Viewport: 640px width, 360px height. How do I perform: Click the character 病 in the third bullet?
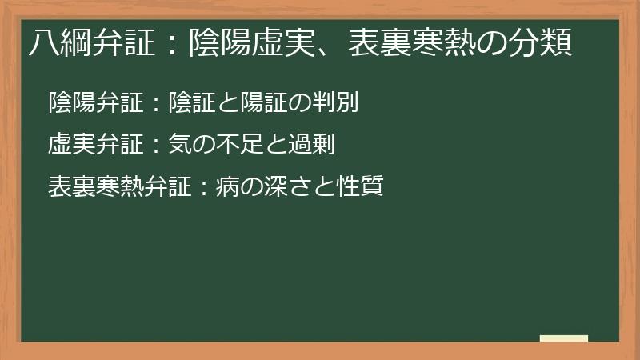point(226,187)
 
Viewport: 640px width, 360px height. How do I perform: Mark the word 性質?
point(356,187)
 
